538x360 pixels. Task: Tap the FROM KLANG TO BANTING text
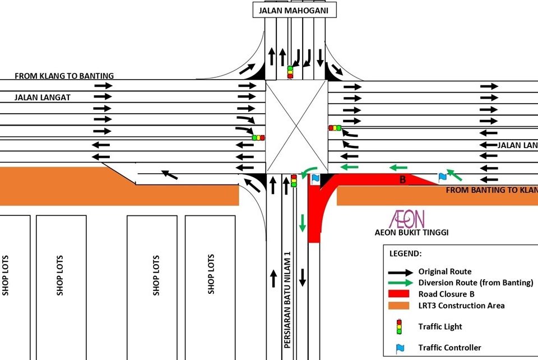click(x=64, y=76)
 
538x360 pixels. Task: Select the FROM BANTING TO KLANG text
click(x=491, y=190)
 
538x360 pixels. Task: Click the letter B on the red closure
click(x=402, y=180)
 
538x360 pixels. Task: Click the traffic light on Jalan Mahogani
click(x=290, y=72)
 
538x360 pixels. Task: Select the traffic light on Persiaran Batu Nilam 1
click(x=294, y=181)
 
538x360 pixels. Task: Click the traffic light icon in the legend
click(x=400, y=326)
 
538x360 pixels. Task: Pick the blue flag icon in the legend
click(x=400, y=348)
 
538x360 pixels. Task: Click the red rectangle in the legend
click(x=400, y=294)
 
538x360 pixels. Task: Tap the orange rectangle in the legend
click(x=400, y=305)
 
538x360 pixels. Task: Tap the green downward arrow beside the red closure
click(x=303, y=223)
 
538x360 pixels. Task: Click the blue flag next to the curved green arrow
click(x=316, y=178)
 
